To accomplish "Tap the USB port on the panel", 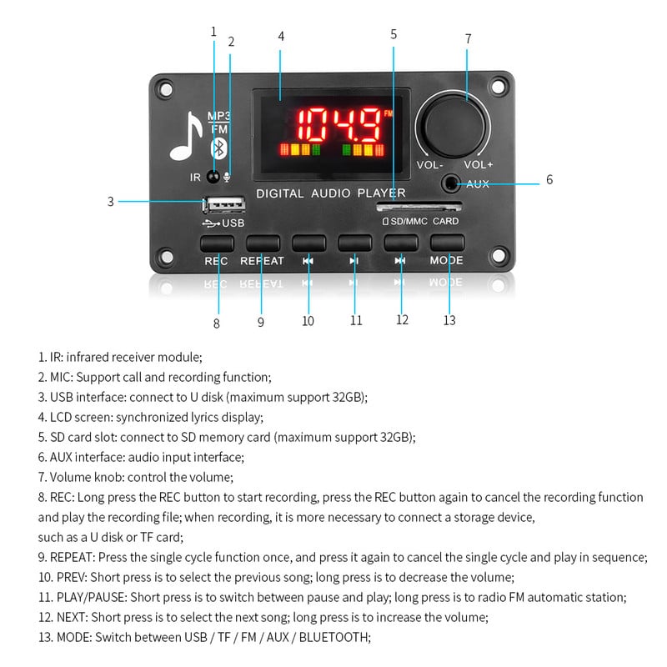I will (223, 203).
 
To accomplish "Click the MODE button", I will (446, 243).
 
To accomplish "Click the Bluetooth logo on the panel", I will (218, 149).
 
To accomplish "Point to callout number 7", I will (468, 39).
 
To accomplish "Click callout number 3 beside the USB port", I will (110, 201).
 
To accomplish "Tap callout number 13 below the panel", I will (449, 320).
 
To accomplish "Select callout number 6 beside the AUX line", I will (549, 179).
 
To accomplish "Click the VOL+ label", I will (479, 164).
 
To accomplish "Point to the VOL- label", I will (430, 164).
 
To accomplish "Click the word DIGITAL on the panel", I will (281, 193).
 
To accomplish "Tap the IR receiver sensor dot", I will (213, 177).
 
